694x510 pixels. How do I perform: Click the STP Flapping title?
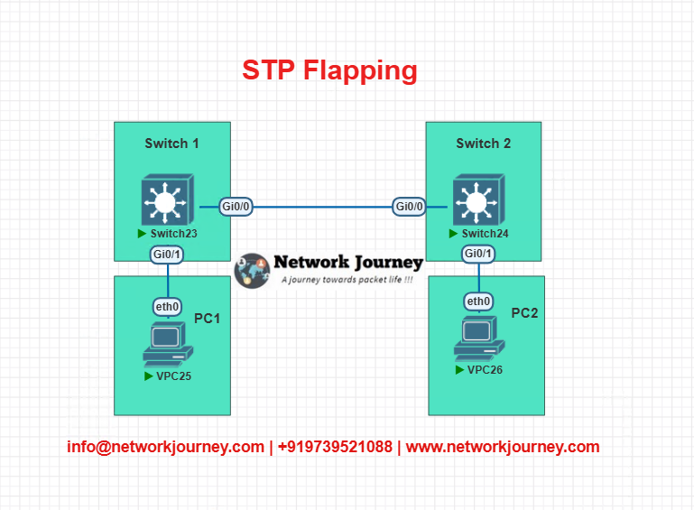329,70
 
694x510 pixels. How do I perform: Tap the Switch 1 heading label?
171,144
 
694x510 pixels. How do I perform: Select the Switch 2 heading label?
484,144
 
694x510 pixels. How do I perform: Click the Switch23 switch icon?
168,199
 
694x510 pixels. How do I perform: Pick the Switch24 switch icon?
479,199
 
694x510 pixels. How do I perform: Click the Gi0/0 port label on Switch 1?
236,207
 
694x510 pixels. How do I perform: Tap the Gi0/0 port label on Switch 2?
410,207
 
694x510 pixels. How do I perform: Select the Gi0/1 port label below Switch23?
167,255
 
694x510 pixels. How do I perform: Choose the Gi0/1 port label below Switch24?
478,254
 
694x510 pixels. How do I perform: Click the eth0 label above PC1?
167,306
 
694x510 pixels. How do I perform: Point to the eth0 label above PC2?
478,301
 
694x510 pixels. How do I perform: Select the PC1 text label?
208,319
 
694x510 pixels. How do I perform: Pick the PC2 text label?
524,313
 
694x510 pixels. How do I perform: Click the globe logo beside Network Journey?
252,271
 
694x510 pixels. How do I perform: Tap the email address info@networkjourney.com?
165,447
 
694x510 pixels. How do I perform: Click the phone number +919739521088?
335,447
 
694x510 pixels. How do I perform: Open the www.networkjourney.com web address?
503,447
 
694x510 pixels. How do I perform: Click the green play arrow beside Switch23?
142,233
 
